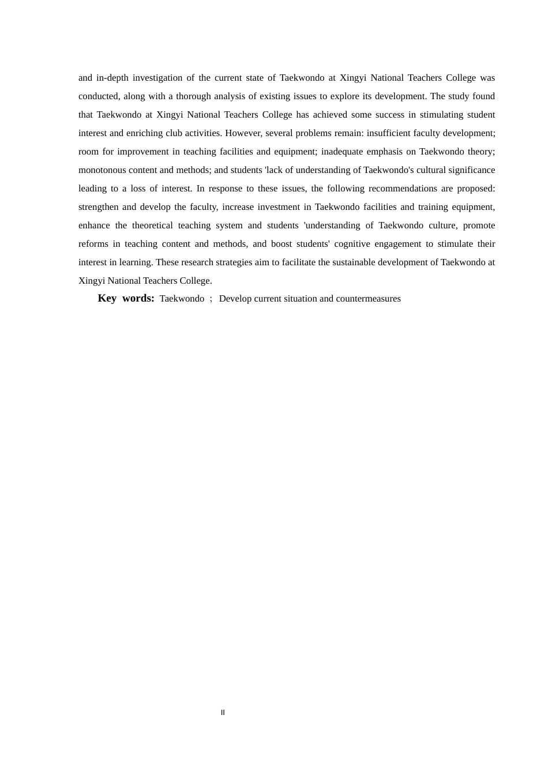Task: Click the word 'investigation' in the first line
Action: coord(157,78)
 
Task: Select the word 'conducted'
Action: coord(99,96)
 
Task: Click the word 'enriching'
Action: coord(144,133)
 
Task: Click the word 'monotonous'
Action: coord(103,170)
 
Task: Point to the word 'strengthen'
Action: coord(99,207)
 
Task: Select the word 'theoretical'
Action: coord(152,225)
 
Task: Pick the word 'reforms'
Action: coord(93,244)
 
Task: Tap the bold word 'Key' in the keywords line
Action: coord(107,298)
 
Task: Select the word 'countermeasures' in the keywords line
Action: coord(368,299)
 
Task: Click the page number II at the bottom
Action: coord(223,713)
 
